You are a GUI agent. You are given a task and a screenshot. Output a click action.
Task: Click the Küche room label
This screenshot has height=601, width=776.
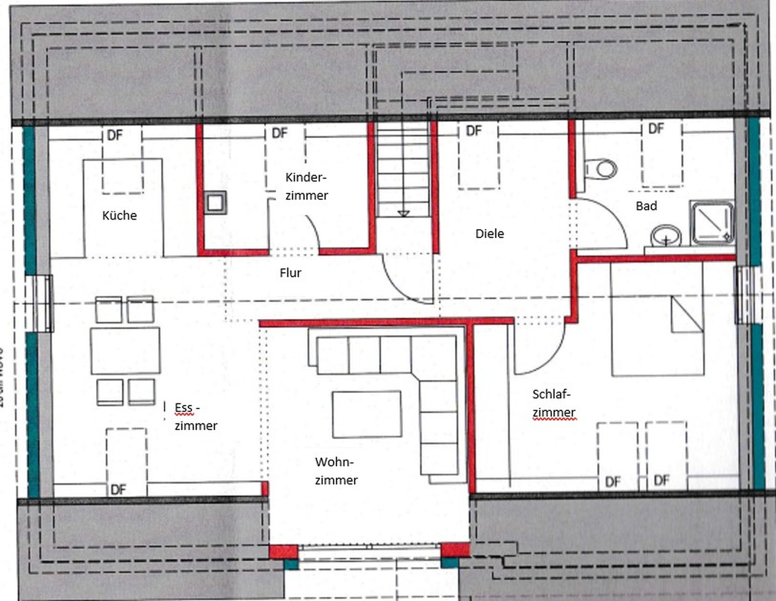pos(120,215)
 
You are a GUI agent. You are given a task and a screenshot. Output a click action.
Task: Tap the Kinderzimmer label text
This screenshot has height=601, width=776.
pos(306,186)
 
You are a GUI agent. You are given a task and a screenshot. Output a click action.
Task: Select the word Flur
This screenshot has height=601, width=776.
pos(290,273)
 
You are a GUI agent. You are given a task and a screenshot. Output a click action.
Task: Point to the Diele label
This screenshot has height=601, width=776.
pos(489,234)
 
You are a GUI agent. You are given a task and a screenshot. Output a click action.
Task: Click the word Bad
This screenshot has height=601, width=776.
pos(646,206)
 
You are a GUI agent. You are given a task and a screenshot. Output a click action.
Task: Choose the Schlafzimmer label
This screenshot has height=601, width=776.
pos(553,403)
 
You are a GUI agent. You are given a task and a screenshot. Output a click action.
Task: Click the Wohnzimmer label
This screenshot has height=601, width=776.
pos(336,471)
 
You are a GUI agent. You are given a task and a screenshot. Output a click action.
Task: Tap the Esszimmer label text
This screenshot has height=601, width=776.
pos(195,417)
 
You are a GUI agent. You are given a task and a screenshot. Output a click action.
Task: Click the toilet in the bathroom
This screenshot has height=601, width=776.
pos(601,169)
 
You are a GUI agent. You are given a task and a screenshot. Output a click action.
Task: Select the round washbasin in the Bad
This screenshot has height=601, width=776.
pos(666,235)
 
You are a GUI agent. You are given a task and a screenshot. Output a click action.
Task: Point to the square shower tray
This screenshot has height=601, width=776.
pos(712,223)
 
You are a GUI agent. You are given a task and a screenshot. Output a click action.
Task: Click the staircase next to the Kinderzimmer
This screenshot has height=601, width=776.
pos(404,170)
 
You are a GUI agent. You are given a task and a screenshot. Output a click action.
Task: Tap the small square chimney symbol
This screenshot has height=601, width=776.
pos(215,203)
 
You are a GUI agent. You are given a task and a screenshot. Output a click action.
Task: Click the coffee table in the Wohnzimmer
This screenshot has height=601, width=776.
pos(367,414)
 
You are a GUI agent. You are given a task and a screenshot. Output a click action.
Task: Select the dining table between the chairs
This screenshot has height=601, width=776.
pos(126,351)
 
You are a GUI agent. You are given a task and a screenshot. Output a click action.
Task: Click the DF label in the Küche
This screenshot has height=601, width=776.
pos(115,135)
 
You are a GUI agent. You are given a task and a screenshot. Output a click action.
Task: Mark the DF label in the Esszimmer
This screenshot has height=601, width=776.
pos(118,490)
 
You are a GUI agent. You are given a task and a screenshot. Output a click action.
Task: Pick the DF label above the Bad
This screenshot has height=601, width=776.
pos(656,129)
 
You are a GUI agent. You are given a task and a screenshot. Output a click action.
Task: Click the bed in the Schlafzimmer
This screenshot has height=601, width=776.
pos(657,320)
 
